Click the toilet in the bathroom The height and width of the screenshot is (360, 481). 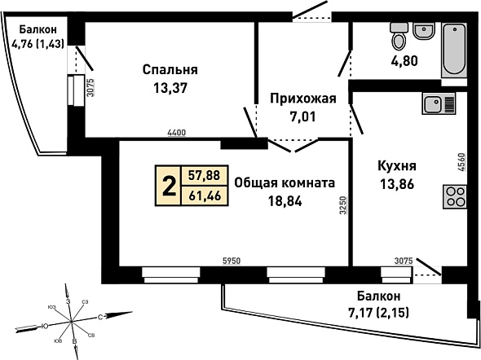coord(399,36)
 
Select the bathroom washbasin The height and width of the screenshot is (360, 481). coord(424,31)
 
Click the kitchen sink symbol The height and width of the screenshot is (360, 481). coord(439,103)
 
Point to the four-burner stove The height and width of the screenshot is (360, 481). coord(455,197)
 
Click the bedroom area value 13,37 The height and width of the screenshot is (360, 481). coord(170,89)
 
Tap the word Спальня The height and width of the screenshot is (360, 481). coord(170,69)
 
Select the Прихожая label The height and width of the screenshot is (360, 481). coord(303,99)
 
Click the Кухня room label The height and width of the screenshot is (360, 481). coord(397,166)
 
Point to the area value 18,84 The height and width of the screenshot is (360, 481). coord(285,201)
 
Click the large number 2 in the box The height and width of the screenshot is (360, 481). coord(169,187)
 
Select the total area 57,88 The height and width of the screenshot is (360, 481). coord(205,176)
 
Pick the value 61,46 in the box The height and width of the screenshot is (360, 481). coord(205,195)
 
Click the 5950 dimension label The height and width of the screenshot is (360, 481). coord(232,261)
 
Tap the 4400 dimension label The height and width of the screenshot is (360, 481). coord(177,133)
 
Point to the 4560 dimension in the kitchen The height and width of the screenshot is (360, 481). coord(462,162)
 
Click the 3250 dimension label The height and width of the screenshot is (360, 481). coord(343,205)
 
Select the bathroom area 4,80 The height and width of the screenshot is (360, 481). coord(404,61)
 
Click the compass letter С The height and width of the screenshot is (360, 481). coord(100,317)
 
